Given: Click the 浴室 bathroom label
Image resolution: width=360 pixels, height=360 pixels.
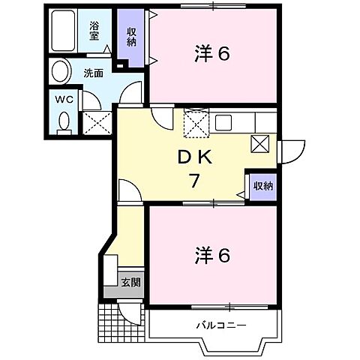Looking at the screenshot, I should tap(94, 30).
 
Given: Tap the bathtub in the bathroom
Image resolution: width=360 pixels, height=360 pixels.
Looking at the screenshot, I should tap(67, 31).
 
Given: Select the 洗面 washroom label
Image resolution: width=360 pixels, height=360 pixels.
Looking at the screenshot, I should tap(93, 73).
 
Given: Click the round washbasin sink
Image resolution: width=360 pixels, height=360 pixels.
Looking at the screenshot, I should tap(58, 73).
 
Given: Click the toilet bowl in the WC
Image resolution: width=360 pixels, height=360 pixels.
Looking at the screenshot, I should tap(64, 121).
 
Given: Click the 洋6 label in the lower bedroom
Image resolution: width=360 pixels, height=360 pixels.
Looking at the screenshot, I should tap(211, 254).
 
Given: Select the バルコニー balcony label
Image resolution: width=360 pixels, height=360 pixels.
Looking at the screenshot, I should tap(221, 325).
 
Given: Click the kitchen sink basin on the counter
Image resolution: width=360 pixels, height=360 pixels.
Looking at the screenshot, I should tap(226, 121).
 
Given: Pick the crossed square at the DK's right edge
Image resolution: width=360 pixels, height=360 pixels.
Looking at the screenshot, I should tap(259, 145).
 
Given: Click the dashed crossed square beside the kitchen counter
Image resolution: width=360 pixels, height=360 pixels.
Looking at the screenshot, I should tap(196, 122).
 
